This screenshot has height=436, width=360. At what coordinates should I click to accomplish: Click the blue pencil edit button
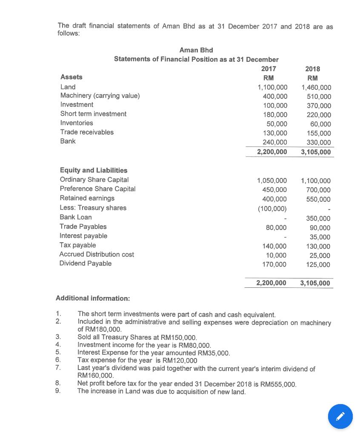[x=340, y=416]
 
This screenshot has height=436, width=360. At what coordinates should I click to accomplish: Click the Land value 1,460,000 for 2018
[x=316, y=87]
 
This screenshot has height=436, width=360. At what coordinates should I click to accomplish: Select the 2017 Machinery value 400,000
[x=275, y=96]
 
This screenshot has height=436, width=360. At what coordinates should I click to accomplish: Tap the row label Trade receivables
[x=87, y=132]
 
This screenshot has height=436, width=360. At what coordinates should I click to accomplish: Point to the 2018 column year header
[x=313, y=69]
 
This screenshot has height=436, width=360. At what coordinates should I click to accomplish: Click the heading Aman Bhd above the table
[x=196, y=50]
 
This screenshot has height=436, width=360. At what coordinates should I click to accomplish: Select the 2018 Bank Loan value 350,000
[x=318, y=218]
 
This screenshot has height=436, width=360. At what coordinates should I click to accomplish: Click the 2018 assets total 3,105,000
[x=315, y=152]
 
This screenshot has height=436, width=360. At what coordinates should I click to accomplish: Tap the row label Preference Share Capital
[x=97, y=189]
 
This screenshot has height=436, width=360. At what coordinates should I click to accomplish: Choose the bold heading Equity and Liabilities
[x=93, y=170]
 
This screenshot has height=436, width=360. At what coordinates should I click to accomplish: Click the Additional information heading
[x=93, y=298]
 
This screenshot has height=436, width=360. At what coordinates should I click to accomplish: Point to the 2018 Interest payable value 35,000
[x=320, y=237]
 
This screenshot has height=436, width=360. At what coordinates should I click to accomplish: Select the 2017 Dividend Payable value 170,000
[x=274, y=264]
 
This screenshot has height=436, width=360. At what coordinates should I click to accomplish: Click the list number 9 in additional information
[x=58, y=391]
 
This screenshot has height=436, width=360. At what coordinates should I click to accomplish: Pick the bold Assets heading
[x=71, y=77]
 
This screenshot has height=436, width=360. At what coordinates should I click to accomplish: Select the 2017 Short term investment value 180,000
[x=275, y=115]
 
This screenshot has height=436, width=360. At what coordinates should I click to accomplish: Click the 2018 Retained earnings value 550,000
[x=318, y=199]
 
